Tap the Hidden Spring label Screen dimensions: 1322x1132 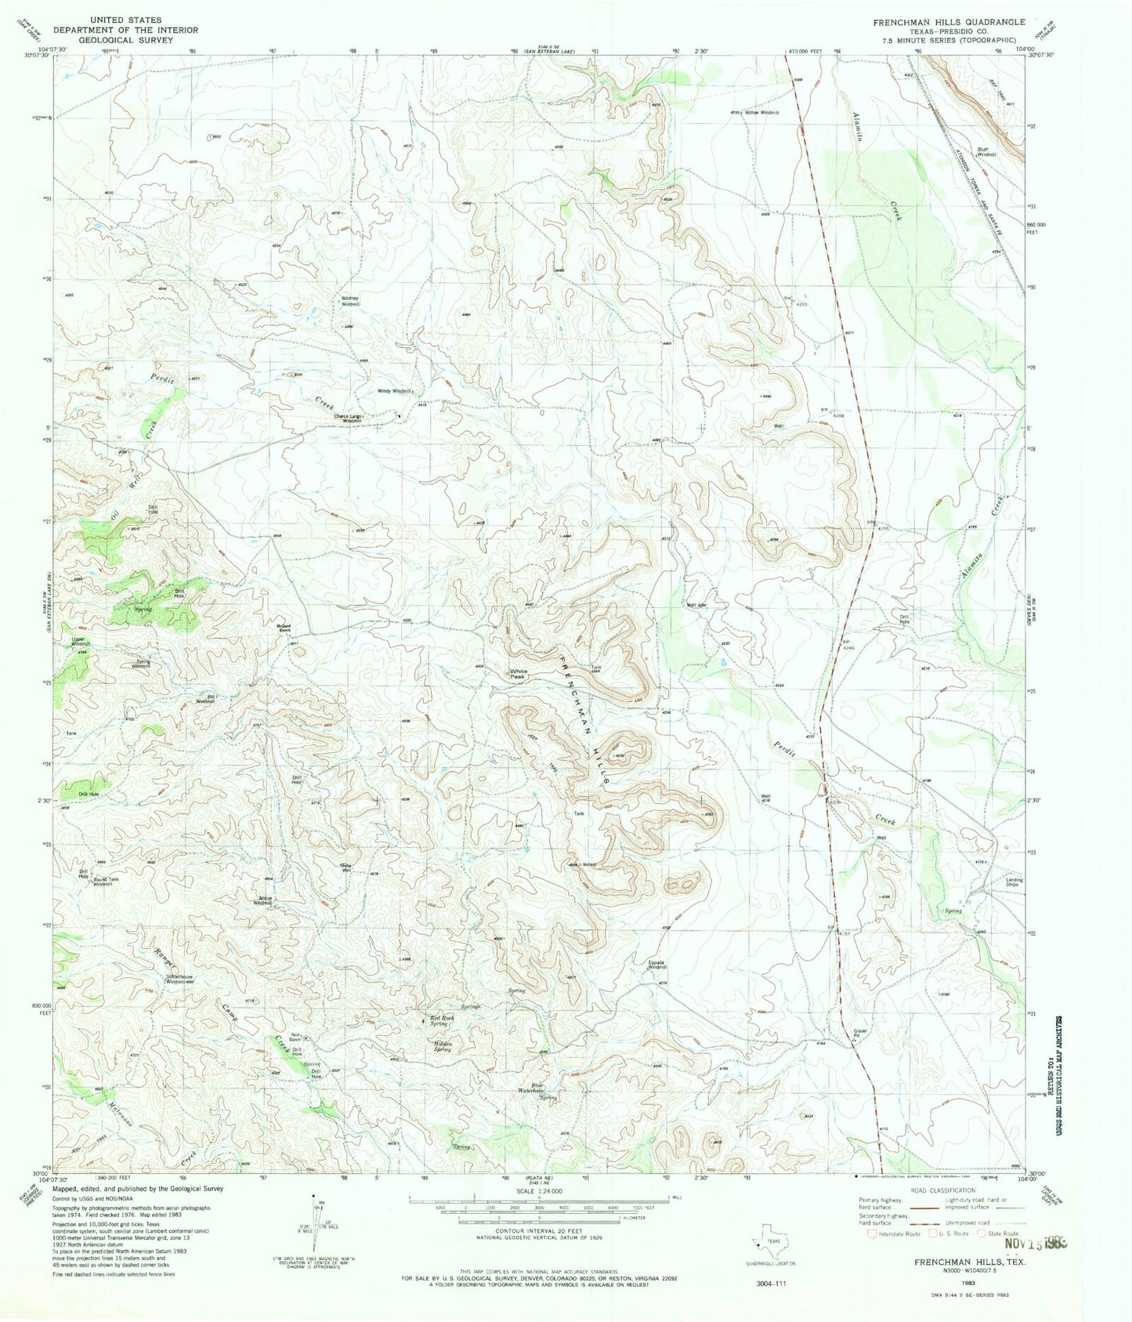(x=443, y=1046)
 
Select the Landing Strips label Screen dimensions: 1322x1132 (x=1014, y=882)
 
